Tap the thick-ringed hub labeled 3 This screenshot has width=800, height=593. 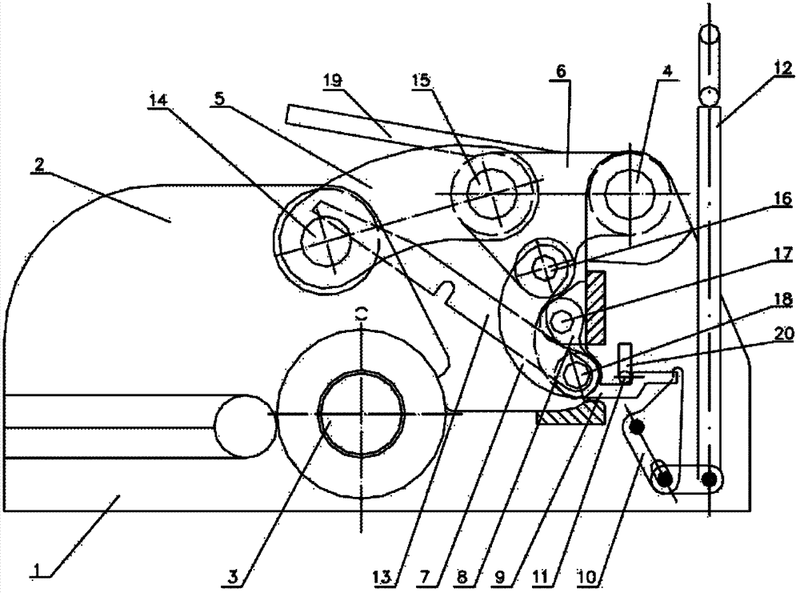[x=362, y=414]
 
